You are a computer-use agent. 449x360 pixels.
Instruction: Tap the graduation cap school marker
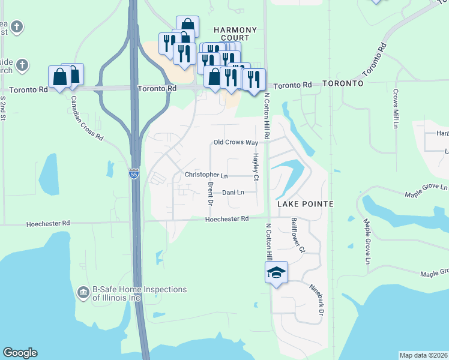(x=277, y=273)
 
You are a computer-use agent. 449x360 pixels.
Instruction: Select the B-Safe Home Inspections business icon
(x=83, y=293)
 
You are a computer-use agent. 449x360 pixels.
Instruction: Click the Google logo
(x=20, y=353)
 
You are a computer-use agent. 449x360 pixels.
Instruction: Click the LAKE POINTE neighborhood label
(x=305, y=205)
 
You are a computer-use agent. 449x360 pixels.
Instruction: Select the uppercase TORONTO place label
(x=343, y=83)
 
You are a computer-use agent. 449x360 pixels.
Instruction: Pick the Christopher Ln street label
(x=206, y=175)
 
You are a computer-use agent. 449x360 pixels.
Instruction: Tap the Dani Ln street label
(x=233, y=193)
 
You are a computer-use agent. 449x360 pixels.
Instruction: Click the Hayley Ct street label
(x=255, y=167)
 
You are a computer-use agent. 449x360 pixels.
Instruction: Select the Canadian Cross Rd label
(x=87, y=118)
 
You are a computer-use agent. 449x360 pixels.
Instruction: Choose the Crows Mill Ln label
(x=396, y=109)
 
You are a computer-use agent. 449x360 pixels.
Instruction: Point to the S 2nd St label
(x=3, y=108)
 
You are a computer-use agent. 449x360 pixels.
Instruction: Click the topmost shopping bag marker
(x=187, y=26)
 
